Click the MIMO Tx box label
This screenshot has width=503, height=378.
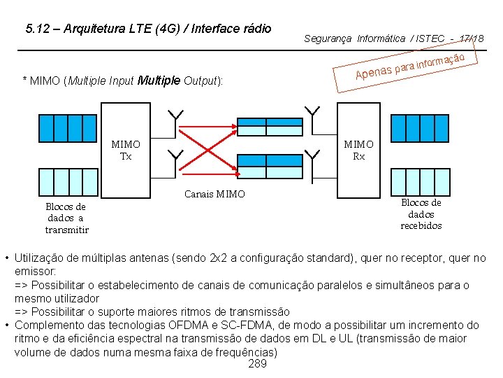point(126,150)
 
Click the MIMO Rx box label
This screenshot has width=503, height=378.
point(358,150)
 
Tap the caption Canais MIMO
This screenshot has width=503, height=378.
point(214,194)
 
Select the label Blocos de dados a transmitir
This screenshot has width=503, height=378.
point(66,218)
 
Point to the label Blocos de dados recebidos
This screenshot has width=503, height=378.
point(421,213)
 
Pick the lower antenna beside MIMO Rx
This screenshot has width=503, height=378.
point(312,155)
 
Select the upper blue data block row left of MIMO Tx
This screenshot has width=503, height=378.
point(66,127)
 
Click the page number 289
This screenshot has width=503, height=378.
point(257,364)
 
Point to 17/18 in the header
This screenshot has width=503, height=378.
point(472,38)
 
